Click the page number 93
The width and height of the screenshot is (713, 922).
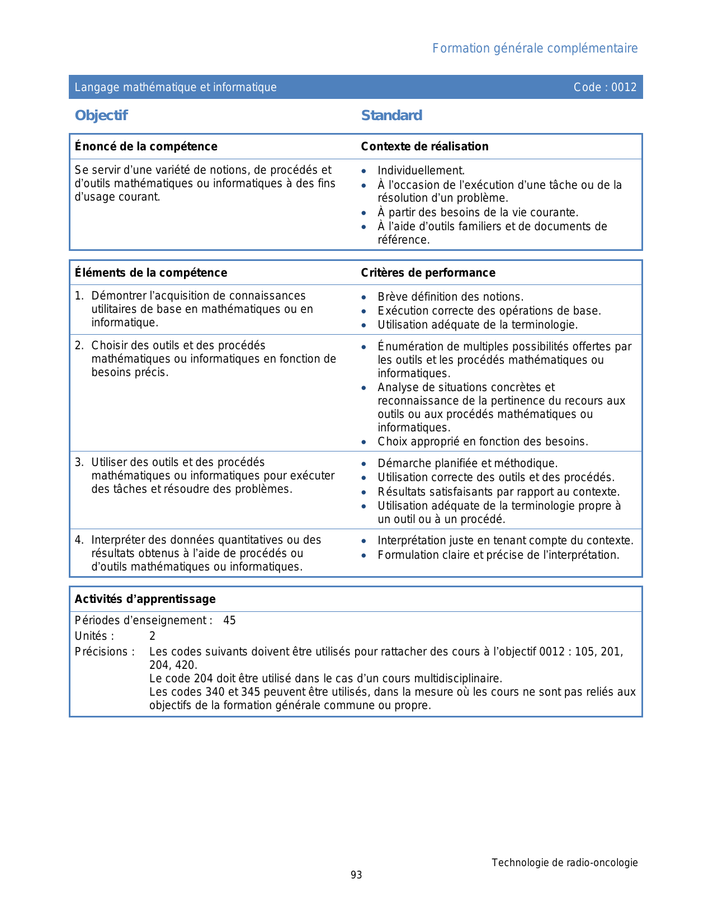click(x=356, y=875)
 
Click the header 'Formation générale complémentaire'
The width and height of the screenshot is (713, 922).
click(x=535, y=49)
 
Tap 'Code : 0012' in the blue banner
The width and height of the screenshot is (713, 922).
click(x=605, y=87)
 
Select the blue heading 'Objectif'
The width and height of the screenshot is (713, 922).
click(x=101, y=116)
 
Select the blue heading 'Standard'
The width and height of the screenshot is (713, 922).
click(x=391, y=116)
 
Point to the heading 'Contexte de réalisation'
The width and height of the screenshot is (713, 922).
click(x=424, y=146)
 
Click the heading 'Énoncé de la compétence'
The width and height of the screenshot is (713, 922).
click(x=146, y=146)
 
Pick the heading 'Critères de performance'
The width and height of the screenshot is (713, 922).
click(x=428, y=273)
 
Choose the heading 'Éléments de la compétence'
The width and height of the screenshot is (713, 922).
click(x=151, y=273)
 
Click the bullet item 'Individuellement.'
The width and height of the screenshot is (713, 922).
click(x=421, y=171)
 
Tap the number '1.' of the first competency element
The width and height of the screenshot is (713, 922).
click(x=79, y=296)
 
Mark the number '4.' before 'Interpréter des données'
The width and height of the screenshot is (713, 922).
click(x=79, y=540)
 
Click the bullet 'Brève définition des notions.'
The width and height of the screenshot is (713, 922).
click(x=450, y=297)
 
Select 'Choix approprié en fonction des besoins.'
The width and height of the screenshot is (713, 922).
click(x=483, y=441)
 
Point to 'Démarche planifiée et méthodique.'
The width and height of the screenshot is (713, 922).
click(x=468, y=463)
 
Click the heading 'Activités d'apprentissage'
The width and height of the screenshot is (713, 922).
click(x=145, y=599)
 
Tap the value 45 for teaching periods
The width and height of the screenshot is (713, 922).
click(x=229, y=620)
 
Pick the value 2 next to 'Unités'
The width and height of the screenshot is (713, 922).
click(x=152, y=636)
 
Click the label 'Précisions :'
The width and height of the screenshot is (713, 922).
click(x=105, y=652)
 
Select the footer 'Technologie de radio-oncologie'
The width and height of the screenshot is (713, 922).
click(x=564, y=863)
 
